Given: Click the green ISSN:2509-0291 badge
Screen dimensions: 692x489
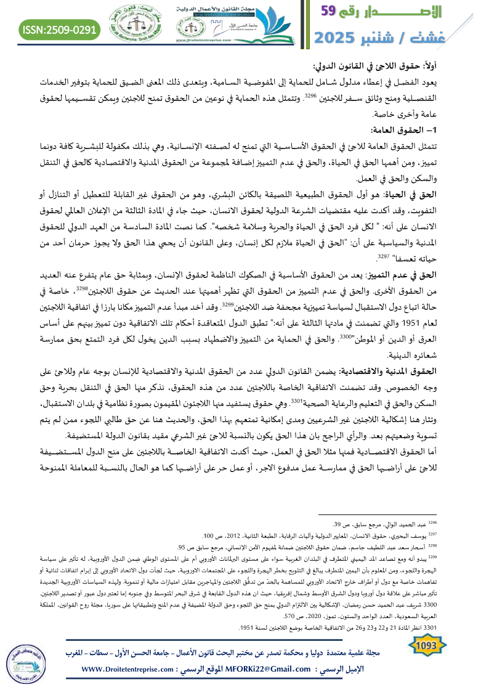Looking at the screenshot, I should tap(60, 29).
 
